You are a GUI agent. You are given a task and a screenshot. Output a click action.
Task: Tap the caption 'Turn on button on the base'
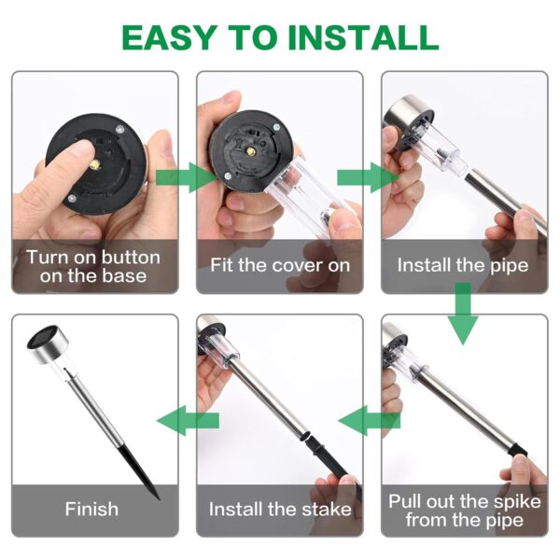(93, 266)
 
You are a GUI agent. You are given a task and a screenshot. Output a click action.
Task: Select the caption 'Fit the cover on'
(279, 265)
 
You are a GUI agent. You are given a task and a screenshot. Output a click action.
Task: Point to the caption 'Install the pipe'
(463, 265)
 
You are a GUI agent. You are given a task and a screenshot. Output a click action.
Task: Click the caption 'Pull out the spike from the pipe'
(464, 510)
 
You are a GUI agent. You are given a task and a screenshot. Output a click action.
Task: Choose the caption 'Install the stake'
(279, 510)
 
